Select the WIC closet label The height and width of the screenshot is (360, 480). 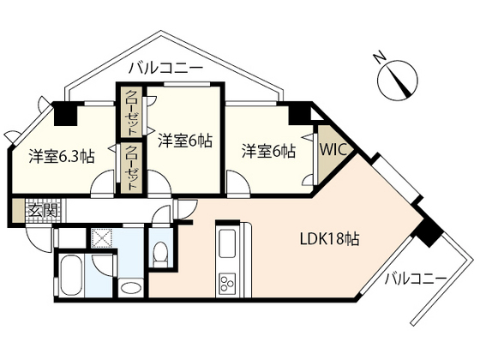tap(332, 149)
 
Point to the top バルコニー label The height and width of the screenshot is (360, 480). tap(166, 66)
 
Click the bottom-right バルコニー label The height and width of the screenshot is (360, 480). tap(416, 279)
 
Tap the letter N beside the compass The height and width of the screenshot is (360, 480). tap(381, 59)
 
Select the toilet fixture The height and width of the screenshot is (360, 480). tap(160, 256)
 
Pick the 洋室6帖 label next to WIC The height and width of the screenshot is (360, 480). tap(268, 151)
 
